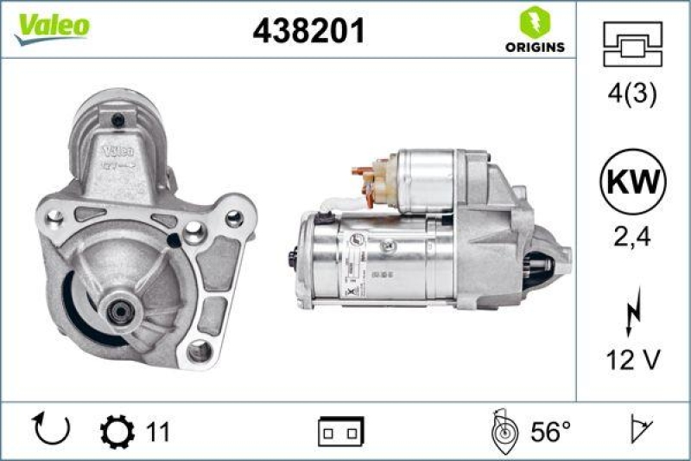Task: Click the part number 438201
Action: (x=308, y=31)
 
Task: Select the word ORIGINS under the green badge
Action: (x=535, y=47)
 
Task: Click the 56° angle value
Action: (x=548, y=430)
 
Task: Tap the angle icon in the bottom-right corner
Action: (x=640, y=429)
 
